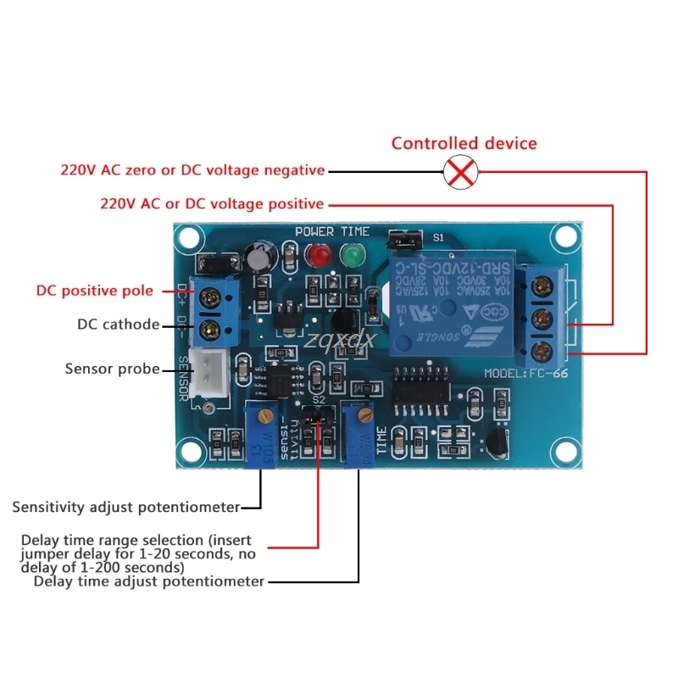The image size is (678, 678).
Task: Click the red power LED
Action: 320,254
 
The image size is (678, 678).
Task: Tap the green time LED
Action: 349,254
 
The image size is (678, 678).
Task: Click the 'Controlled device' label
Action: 464,143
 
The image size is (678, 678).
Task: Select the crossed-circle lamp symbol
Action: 459,174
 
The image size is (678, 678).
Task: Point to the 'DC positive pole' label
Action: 95,291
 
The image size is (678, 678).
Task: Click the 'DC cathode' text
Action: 118,324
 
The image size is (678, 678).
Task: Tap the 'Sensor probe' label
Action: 112,368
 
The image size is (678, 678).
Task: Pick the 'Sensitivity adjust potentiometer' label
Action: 125,507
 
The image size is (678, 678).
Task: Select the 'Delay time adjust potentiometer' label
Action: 148,581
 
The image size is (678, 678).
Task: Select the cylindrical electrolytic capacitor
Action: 257,258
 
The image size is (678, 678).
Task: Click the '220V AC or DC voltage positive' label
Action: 212,203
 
